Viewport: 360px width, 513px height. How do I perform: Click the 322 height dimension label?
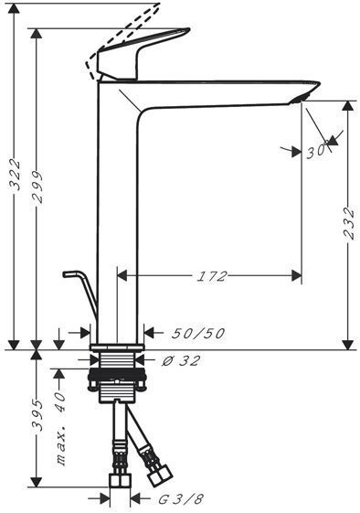point(15,175)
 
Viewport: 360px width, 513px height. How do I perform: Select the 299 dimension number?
point(37,187)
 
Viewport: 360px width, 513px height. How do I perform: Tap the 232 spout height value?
point(349,223)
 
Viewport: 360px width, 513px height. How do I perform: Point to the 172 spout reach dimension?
point(212,276)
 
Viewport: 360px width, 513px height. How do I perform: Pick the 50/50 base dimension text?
point(198,334)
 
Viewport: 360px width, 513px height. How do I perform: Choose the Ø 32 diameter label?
point(181,361)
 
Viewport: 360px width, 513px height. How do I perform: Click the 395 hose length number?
point(37,415)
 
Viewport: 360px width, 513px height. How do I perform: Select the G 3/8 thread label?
point(181,499)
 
